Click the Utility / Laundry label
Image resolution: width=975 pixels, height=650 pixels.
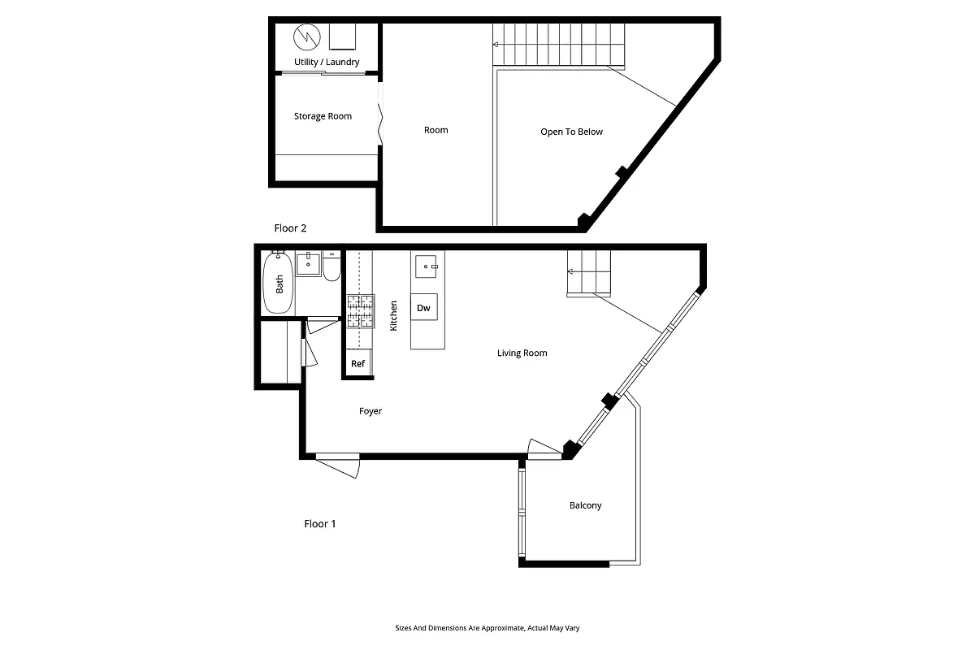[326, 63]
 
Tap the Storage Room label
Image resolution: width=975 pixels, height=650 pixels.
[323, 116]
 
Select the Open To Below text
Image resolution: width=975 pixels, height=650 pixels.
[571, 132]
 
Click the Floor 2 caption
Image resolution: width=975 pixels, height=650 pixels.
[290, 228]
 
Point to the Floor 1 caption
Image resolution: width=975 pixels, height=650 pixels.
[320, 524]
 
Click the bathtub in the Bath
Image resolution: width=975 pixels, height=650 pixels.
[279, 283]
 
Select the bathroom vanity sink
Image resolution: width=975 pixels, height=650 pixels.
[308, 264]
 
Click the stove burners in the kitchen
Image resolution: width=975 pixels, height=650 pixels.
[361, 311]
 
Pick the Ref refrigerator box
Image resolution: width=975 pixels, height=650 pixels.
[358, 364]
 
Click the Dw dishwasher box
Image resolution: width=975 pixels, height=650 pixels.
[423, 308]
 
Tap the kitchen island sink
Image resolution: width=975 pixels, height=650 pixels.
[427, 266]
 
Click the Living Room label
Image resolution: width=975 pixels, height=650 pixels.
[522, 353]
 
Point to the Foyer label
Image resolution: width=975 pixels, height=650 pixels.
[370, 411]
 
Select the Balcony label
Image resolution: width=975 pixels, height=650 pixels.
[585, 505]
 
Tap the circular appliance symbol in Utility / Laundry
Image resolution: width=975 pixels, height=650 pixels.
[307, 37]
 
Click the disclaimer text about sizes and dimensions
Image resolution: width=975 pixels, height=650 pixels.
[487, 628]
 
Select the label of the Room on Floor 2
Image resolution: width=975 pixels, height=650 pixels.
[435, 130]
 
